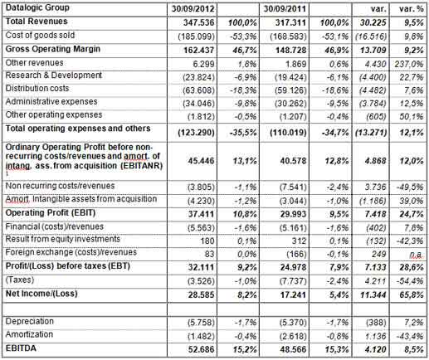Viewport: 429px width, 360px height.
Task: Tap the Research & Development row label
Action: click(x=55, y=80)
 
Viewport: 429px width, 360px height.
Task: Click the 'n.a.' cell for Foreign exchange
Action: click(x=411, y=257)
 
